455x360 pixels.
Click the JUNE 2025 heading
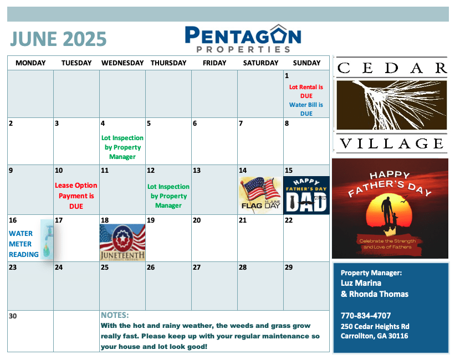coord(58,39)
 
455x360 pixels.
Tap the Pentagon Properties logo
coord(243,39)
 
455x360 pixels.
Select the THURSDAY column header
coord(168,63)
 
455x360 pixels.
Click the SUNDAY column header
coord(306,63)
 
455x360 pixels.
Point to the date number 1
coord(287,76)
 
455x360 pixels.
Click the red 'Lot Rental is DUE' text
coord(306,91)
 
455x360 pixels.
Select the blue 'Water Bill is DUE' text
coord(306,109)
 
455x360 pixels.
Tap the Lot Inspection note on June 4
coord(122,147)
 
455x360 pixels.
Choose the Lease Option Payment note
coord(76,196)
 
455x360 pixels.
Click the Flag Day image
coord(260,195)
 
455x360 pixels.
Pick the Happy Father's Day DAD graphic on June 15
coord(306,195)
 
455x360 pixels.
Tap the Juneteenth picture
coord(122,242)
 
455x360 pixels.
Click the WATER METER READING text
coord(23,244)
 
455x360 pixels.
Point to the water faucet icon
coord(47,240)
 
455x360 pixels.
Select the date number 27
coord(197,267)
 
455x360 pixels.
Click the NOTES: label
coord(115,315)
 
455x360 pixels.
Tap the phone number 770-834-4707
coord(366,315)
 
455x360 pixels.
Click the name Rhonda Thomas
coord(379,294)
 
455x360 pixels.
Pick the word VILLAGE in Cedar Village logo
coord(391,143)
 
